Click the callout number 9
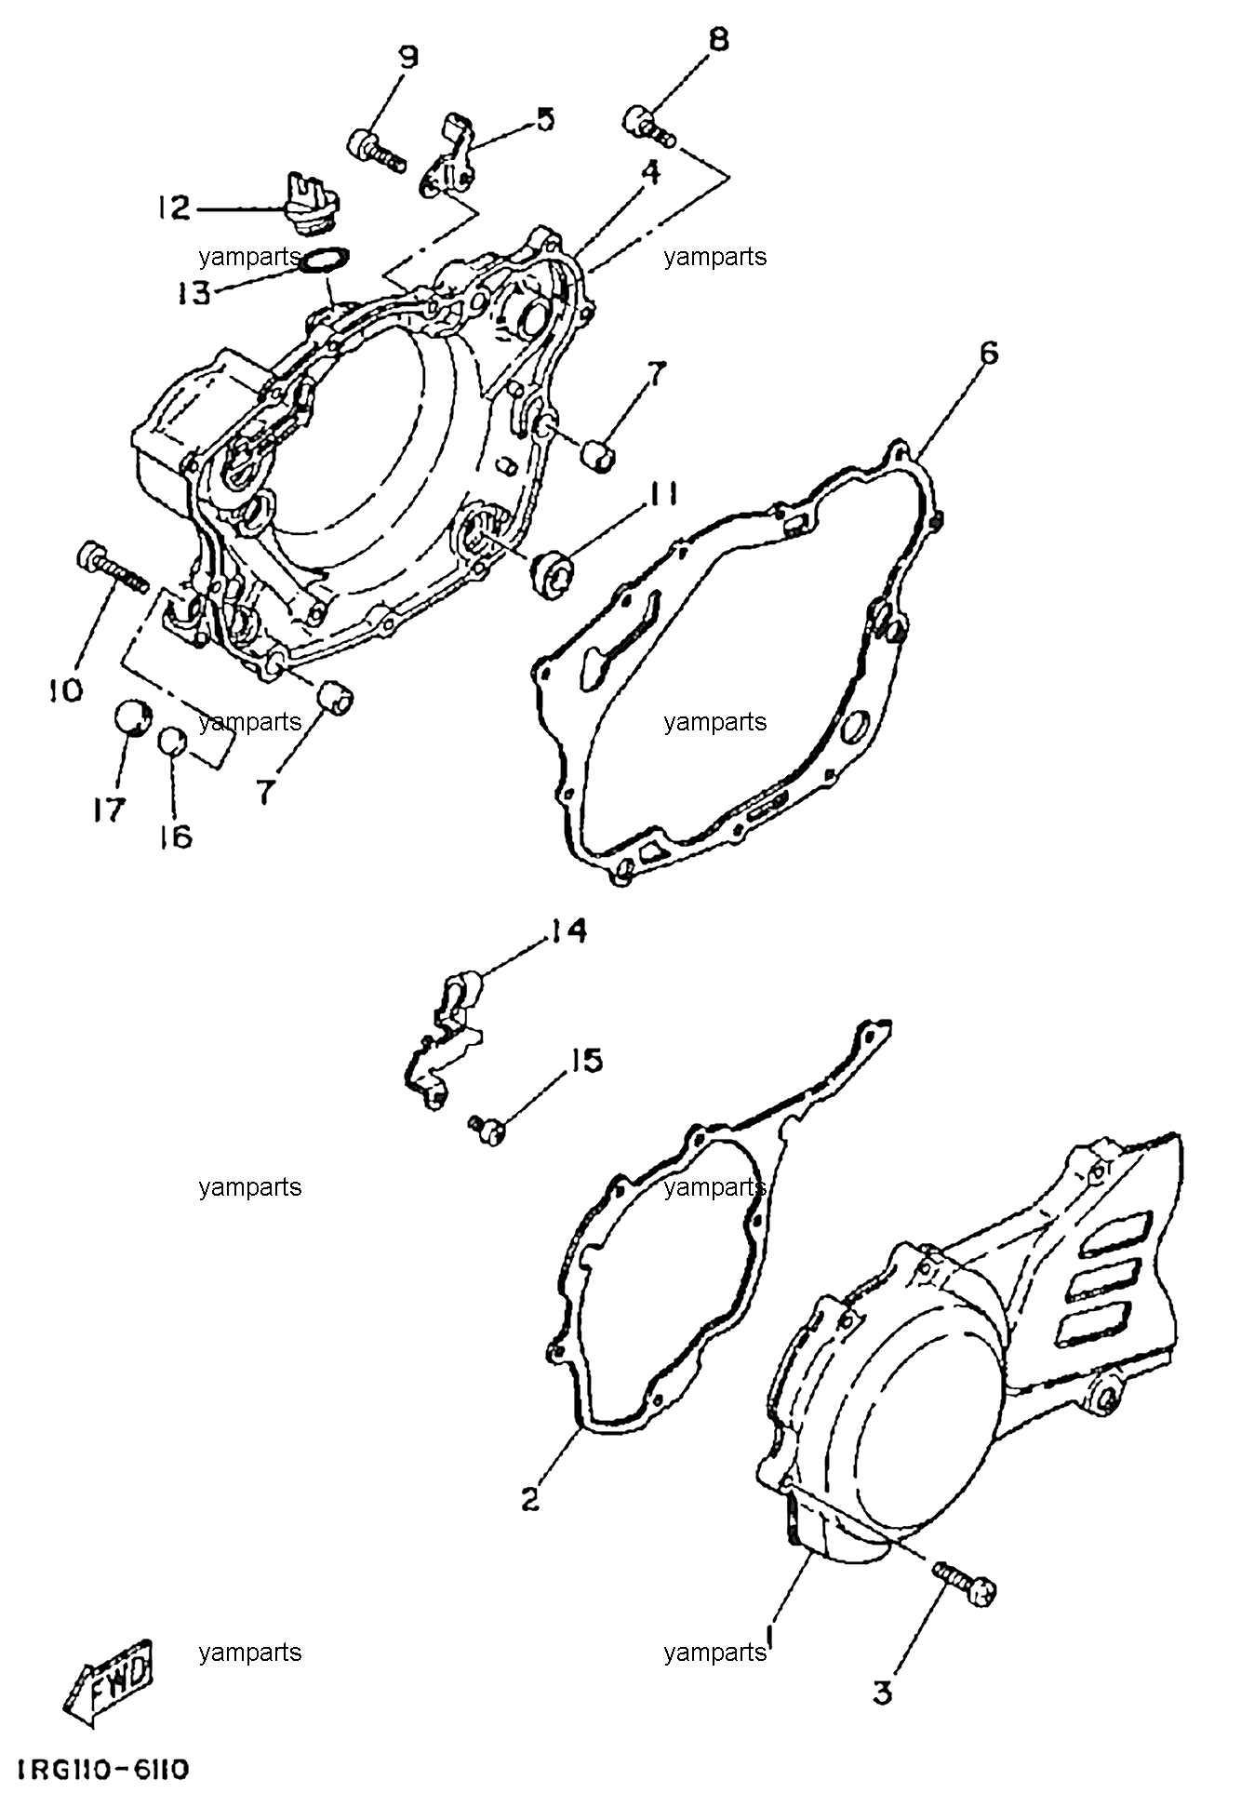coord(408,58)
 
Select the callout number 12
coord(174,207)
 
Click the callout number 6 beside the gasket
coord(988,354)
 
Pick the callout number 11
coord(663,494)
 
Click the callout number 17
coord(108,810)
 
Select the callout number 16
coord(175,836)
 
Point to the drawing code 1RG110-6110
coord(102,1768)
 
